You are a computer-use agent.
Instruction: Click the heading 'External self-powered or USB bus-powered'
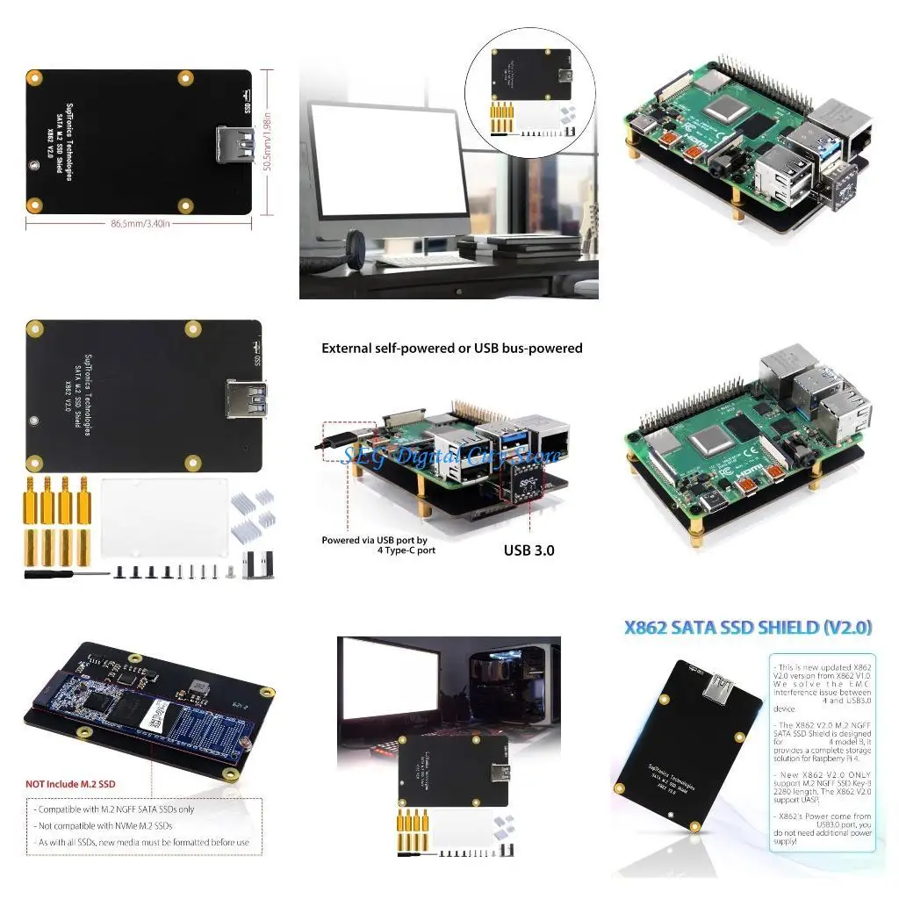pos(451,348)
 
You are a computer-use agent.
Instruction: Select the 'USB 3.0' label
pos(529,551)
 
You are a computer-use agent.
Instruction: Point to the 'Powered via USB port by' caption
pos(374,540)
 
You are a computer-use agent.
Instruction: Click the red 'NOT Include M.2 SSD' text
pos(70,783)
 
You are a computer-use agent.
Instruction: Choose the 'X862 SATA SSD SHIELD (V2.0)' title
pos(747,628)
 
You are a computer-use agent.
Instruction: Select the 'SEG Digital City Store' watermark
pos(451,457)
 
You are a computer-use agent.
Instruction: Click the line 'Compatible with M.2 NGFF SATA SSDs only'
pos(114,809)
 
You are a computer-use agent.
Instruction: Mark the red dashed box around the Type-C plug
pos(349,436)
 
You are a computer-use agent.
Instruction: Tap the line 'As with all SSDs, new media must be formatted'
pos(143,842)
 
